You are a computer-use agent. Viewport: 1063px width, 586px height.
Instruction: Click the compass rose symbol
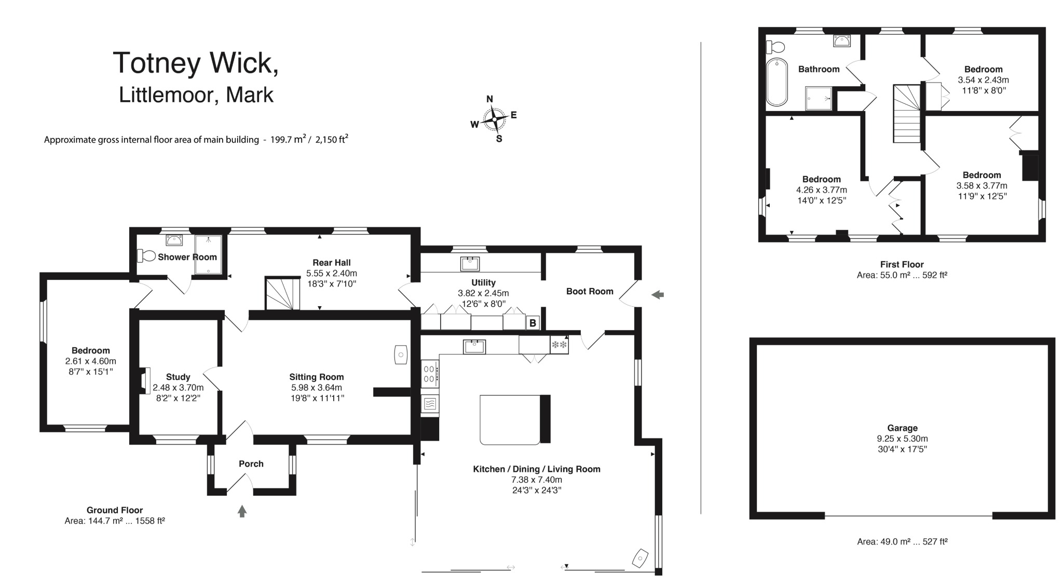494,119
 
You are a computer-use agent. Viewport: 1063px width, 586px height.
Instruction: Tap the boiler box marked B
533,323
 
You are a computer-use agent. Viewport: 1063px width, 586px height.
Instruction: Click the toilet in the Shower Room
146,255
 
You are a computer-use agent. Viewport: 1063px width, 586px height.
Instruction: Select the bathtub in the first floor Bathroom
776,82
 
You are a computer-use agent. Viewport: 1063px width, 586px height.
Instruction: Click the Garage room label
902,428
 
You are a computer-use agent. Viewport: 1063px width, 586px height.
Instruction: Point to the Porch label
251,464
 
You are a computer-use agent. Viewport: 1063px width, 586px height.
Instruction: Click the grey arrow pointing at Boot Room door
658,295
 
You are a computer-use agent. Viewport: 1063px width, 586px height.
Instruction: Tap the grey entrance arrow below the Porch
242,511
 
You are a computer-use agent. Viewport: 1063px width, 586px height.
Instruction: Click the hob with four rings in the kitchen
430,374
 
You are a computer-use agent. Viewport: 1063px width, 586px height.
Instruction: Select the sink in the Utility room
470,264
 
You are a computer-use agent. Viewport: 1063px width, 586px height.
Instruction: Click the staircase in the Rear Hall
283,294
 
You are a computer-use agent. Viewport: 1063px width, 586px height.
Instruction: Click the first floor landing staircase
906,114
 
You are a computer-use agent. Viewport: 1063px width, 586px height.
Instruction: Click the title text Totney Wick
196,63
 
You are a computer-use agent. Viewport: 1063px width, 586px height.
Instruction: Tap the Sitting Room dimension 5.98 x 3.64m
317,387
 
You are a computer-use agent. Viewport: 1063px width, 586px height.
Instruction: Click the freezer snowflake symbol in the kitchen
559,345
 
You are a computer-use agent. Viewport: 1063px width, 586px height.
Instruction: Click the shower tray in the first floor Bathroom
819,98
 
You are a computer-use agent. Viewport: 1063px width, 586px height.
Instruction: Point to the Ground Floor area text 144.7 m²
114,521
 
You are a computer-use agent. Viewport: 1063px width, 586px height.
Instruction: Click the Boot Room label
590,291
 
